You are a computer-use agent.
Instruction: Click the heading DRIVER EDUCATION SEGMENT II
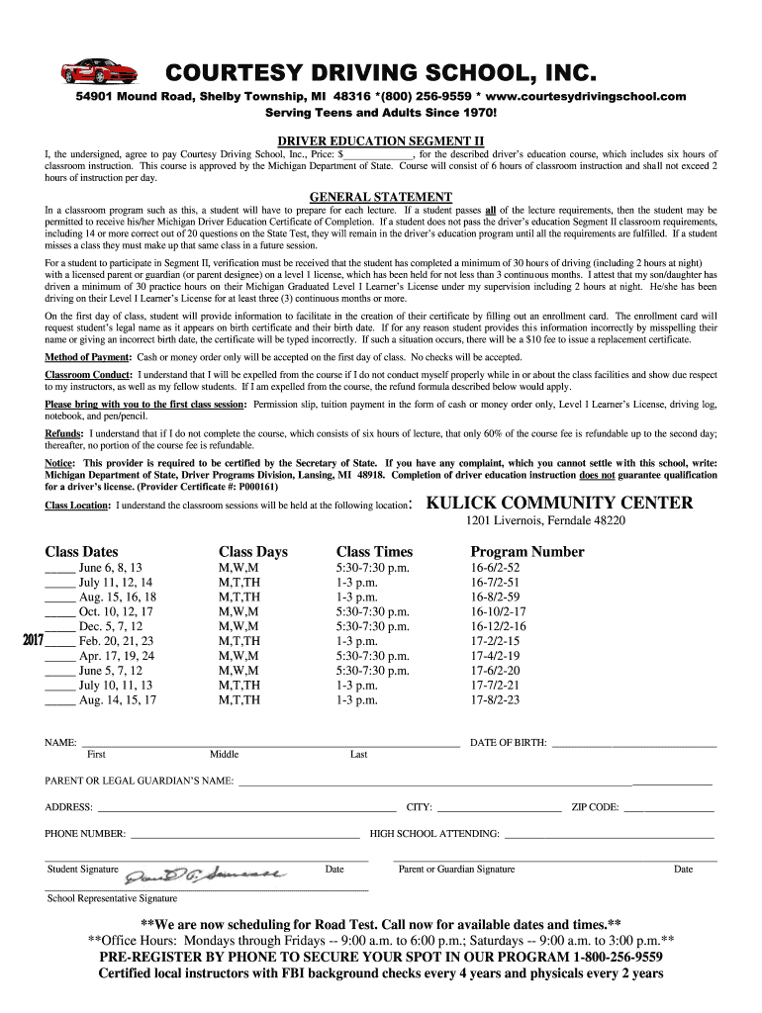pos(380,140)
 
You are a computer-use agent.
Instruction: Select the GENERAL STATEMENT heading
pos(381,196)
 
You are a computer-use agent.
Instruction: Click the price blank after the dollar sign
pos(378,155)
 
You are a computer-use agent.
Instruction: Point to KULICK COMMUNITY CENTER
pos(559,503)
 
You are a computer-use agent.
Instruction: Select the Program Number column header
pos(527,552)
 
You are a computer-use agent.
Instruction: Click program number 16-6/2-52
pos(495,568)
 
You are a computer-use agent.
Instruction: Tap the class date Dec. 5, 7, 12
pos(111,626)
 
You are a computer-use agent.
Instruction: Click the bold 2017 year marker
pos(33,641)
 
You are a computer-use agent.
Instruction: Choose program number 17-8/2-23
pos(495,699)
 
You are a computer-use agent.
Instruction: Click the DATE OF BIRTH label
pos(508,742)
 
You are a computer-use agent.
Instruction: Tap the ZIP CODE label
pos(595,807)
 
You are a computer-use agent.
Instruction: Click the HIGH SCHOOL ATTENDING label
pos(434,834)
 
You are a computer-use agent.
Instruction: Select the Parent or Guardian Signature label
pos(456,870)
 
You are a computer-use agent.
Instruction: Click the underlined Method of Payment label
pos(87,356)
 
